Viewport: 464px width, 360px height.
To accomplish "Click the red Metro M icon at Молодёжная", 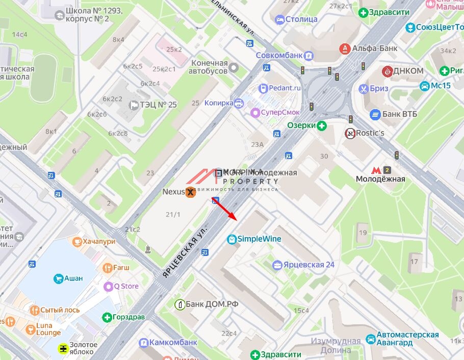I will coord(376,170).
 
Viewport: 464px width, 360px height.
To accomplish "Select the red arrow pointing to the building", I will coord(224,208).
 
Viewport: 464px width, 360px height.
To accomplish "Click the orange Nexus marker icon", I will coord(190,192).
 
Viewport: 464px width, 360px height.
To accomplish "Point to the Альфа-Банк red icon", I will coord(345,48).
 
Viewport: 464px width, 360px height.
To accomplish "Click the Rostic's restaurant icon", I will coord(350,133).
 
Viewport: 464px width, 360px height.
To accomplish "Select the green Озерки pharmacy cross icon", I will coord(321,125).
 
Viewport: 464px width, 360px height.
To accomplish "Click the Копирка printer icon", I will coord(238,103).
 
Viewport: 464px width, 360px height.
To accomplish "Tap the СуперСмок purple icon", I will coord(254,112).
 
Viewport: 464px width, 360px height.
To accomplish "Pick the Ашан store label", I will coord(73,278).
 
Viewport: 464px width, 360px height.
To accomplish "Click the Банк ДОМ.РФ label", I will coord(212,304).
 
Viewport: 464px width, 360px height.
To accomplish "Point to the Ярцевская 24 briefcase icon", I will coord(277,265).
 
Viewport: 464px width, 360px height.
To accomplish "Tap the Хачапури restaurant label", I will coord(99,241).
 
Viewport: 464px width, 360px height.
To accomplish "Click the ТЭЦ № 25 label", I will coord(159,105).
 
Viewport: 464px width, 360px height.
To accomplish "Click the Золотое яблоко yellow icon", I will coord(63,348).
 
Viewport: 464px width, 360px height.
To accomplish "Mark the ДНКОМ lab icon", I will coord(388,71).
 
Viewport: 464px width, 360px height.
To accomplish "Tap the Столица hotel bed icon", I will coord(279,19).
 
